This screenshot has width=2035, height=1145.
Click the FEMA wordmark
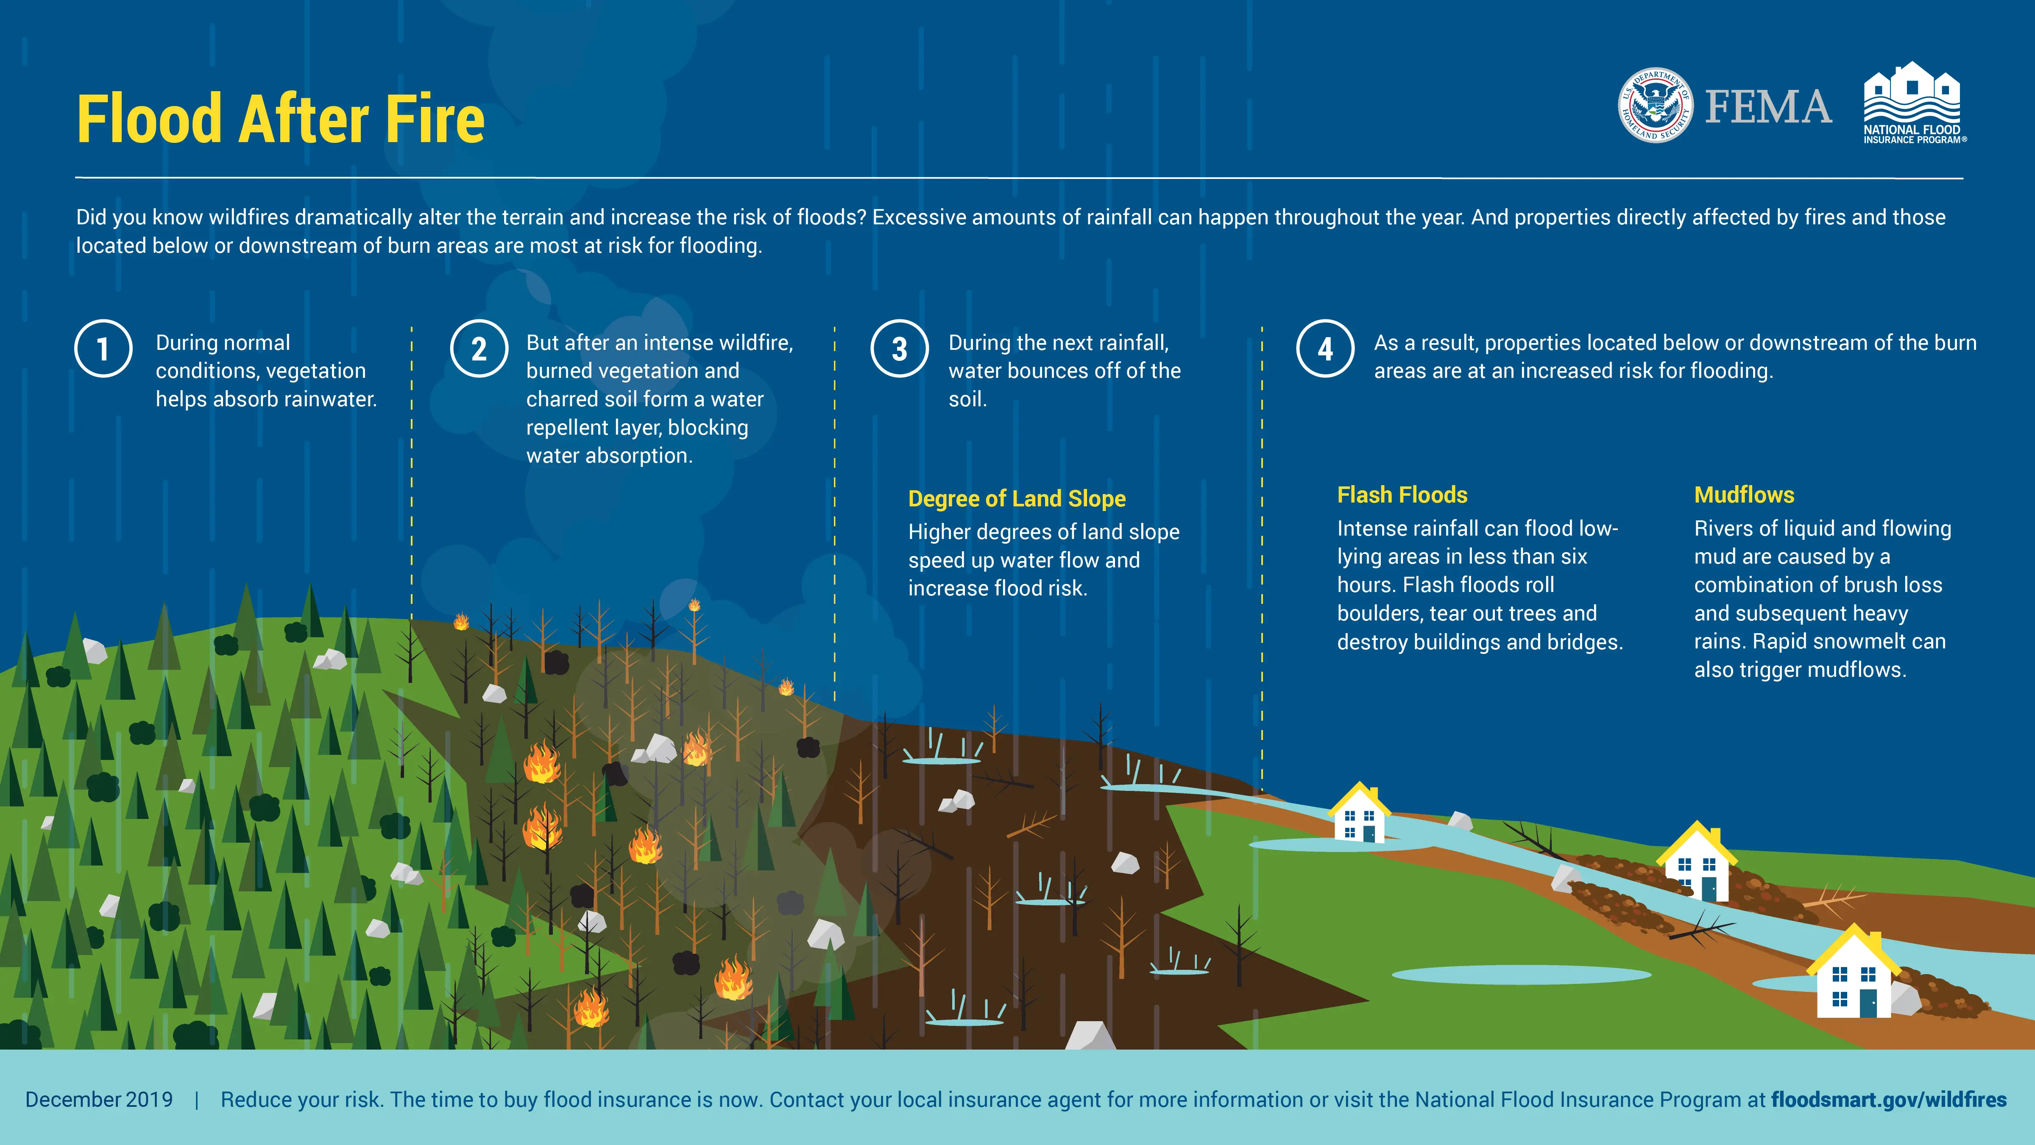click(x=1768, y=107)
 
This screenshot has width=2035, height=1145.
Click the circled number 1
click(x=103, y=349)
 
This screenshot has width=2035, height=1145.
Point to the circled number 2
click(x=479, y=349)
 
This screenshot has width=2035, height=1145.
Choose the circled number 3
click(x=899, y=349)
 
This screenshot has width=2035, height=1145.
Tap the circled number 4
click(x=1325, y=349)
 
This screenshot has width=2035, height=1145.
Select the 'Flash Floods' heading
click(x=1402, y=494)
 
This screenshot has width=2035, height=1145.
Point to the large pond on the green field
click(x=1521, y=975)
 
